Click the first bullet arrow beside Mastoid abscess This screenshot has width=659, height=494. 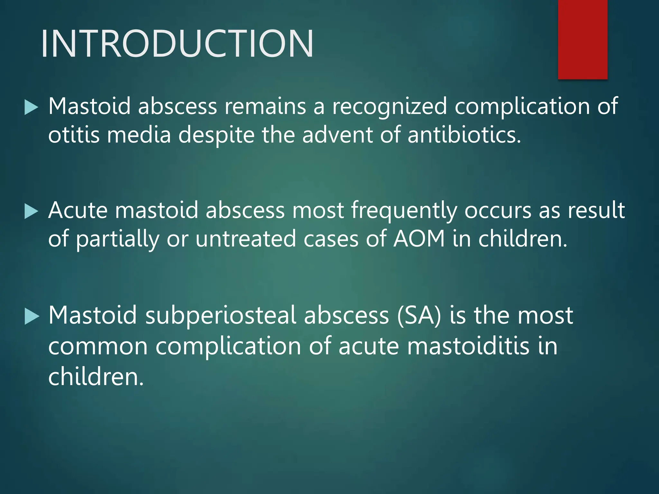[x=31, y=107]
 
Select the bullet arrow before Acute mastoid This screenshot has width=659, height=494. [x=31, y=212]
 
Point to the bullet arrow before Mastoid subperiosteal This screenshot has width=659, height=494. [x=31, y=316]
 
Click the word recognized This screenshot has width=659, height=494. [x=389, y=106]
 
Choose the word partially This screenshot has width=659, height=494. [x=118, y=239]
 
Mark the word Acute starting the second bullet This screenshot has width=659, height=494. [x=78, y=211]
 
